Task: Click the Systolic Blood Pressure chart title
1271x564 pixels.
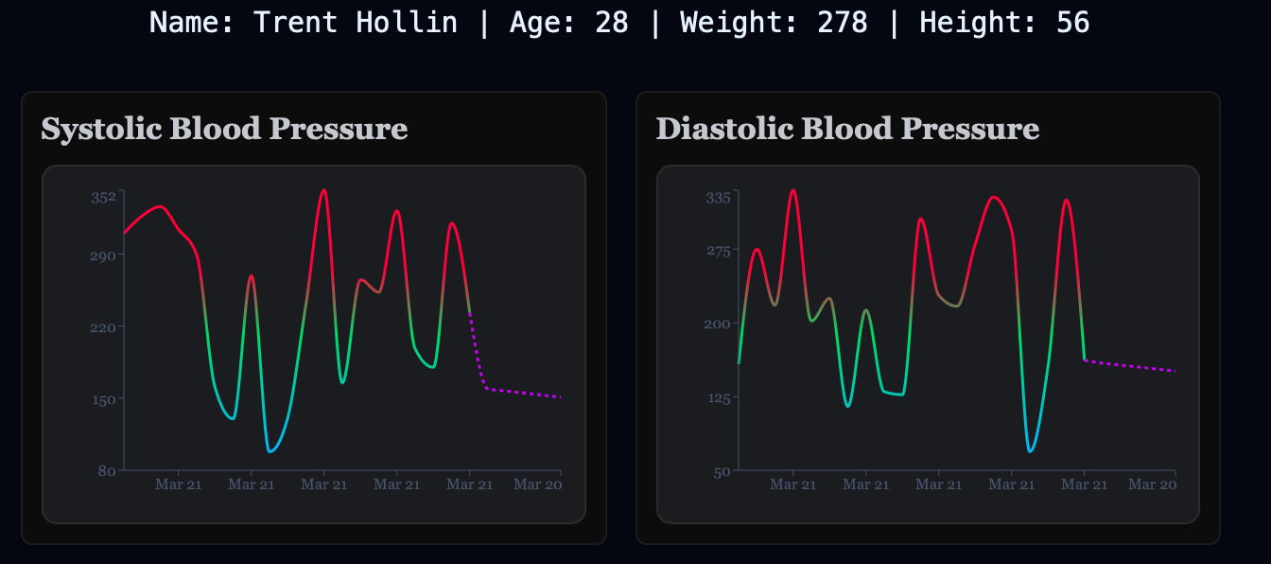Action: point(224,130)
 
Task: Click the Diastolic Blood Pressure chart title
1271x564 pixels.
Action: point(847,130)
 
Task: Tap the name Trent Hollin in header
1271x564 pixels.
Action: point(356,23)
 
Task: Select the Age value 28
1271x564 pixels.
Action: point(612,23)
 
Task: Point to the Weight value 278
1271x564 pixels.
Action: point(843,23)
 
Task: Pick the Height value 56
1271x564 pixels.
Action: point(1072,23)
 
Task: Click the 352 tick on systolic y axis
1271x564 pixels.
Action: point(103,197)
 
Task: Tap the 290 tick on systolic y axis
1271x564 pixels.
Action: point(103,256)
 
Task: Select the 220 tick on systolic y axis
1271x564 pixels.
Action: point(103,327)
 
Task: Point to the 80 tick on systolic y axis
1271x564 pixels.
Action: point(107,470)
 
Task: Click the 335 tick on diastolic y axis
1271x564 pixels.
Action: point(719,198)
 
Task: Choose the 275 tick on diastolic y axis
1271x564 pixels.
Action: point(719,251)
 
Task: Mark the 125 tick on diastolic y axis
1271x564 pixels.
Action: point(719,397)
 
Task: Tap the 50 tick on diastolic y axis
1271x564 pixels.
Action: point(722,471)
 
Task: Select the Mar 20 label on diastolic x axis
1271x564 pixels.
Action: point(1153,485)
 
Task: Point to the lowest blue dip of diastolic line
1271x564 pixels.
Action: point(1030,450)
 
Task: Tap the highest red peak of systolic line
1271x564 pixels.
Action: point(324,190)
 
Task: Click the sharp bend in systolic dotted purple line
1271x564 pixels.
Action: point(487,388)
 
